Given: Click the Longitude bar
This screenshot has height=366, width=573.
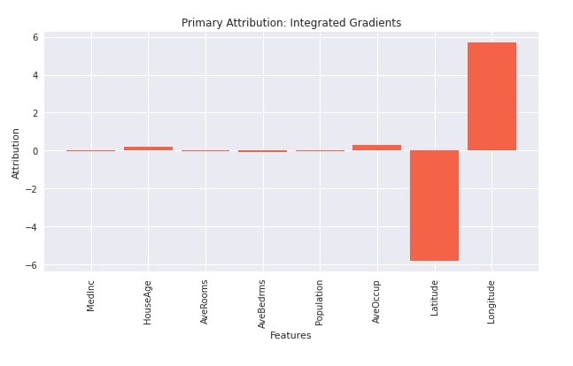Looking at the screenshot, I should [x=492, y=96].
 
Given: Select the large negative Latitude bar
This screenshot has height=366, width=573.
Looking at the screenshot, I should [x=434, y=205].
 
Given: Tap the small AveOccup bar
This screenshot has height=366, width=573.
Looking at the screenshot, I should [x=376, y=148].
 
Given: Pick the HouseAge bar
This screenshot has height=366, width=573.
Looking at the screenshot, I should [x=148, y=149].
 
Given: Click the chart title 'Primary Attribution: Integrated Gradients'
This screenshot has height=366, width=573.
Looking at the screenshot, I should [x=290, y=23].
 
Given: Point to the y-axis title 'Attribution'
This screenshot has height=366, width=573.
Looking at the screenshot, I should [x=16, y=153].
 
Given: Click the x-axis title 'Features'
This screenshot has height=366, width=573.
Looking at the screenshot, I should [x=290, y=336].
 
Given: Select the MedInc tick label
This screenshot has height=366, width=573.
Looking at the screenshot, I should [x=91, y=295].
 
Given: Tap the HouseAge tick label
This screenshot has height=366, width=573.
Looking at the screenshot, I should [x=148, y=301].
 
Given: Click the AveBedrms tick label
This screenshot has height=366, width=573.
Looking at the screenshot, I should [x=262, y=304].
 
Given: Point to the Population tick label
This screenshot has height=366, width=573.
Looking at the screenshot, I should [x=320, y=302].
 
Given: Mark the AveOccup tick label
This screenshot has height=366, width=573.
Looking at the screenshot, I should [x=376, y=301].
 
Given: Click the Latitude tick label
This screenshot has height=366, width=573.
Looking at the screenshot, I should [x=434, y=298].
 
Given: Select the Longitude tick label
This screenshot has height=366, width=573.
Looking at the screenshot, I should [x=492, y=301].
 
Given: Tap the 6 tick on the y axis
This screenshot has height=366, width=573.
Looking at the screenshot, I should [x=35, y=37].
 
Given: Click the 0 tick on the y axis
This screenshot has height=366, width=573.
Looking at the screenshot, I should [x=35, y=151].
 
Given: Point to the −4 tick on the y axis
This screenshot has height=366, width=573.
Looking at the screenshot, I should [x=33, y=227].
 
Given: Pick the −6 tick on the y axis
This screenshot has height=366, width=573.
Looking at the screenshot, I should [x=33, y=265].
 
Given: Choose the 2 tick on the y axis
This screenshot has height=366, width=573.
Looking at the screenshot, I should [x=35, y=113].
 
